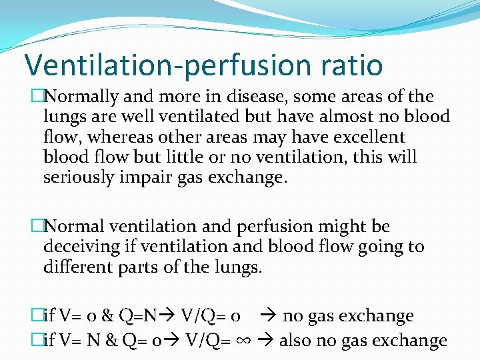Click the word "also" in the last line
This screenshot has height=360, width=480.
(297, 341)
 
